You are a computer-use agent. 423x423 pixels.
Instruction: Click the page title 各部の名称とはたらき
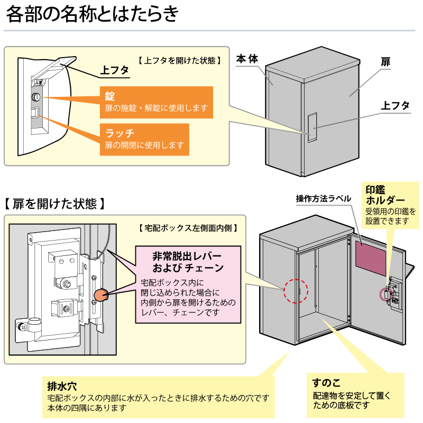(92, 14)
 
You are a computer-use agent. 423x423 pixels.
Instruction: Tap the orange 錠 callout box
(156, 102)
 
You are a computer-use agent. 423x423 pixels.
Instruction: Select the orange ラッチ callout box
(144, 139)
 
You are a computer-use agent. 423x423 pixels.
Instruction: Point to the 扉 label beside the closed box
(385, 62)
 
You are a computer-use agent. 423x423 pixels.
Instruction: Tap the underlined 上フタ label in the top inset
(115, 70)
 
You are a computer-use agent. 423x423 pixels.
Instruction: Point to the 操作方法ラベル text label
(324, 199)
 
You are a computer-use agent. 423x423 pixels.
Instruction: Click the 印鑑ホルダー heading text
(385, 195)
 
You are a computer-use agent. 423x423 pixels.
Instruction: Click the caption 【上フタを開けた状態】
(179, 60)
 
